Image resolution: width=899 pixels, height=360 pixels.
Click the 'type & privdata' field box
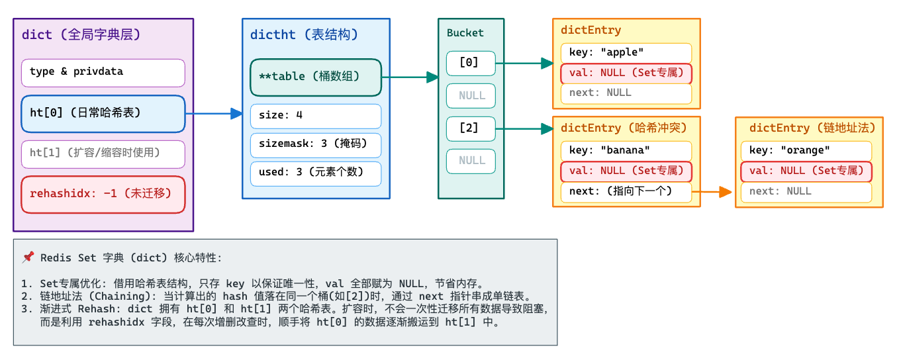point(103,73)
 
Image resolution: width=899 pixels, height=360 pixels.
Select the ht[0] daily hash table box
point(103,114)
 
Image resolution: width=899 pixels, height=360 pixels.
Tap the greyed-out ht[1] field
point(103,154)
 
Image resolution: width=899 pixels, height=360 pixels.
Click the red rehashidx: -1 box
point(103,195)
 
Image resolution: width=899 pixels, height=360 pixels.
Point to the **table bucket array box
point(316,77)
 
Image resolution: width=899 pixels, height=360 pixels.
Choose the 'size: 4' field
point(316,116)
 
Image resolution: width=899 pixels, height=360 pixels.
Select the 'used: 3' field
point(316,174)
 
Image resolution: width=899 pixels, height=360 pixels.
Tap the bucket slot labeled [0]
point(471,64)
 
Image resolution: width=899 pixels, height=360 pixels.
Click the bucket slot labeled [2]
point(471,129)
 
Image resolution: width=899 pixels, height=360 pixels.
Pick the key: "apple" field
point(626,53)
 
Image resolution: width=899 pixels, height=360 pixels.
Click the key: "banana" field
point(626,151)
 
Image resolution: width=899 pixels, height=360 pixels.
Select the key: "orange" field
point(806,151)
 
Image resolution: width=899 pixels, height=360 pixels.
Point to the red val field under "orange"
point(806,171)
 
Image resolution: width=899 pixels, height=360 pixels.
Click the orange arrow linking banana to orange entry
point(712,192)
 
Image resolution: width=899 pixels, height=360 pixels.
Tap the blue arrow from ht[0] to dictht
point(214,114)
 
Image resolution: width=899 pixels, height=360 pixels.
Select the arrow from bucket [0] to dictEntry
point(524,64)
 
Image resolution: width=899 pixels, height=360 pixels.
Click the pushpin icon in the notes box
point(28,257)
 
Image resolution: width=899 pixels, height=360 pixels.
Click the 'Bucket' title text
point(465,33)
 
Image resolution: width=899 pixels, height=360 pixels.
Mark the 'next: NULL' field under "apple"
point(626,93)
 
